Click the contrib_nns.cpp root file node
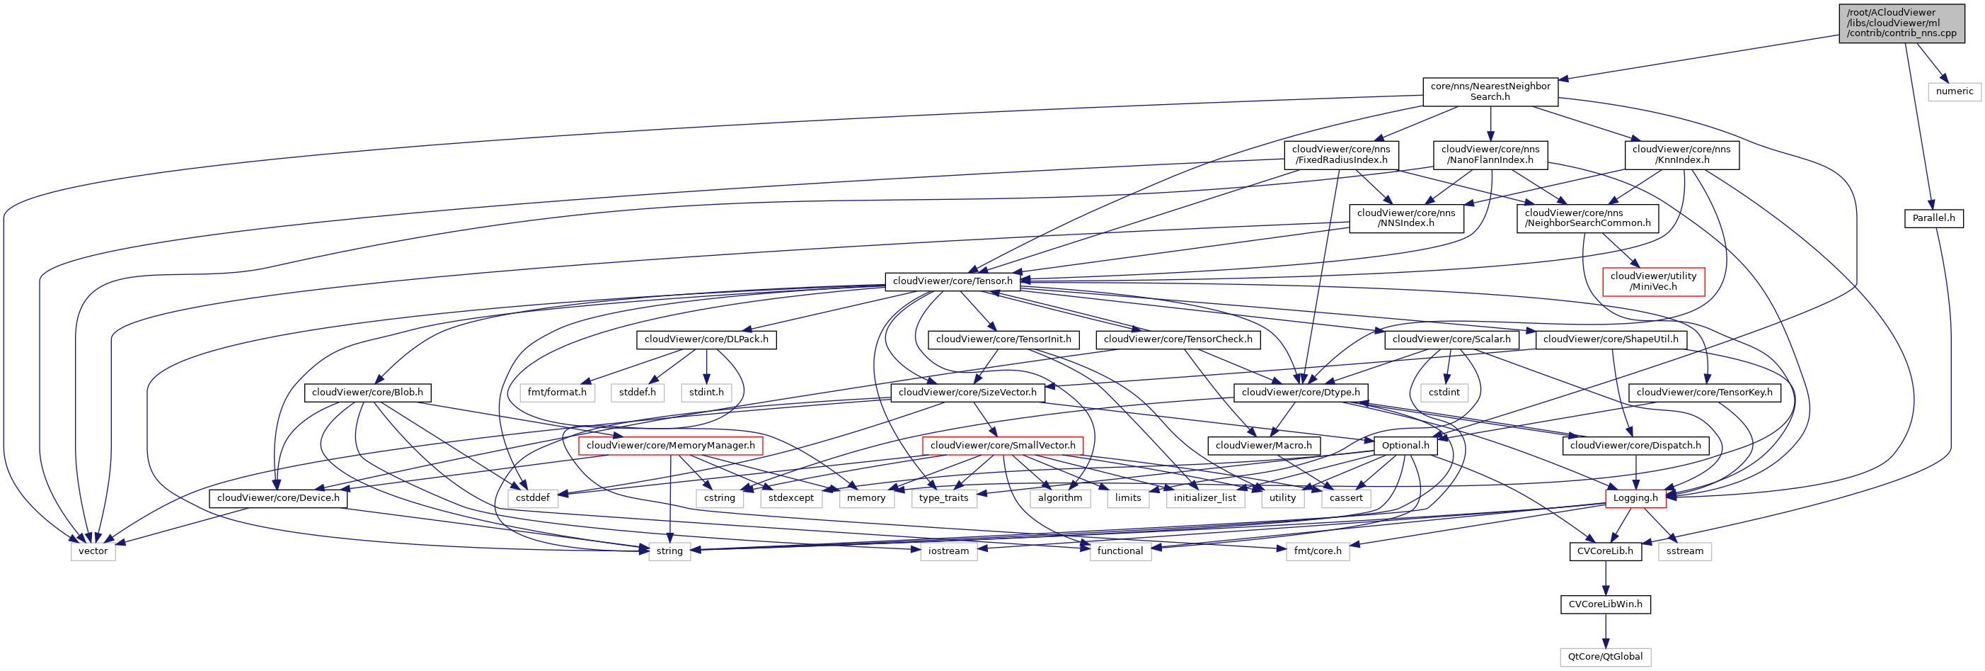point(1901,23)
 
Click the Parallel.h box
point(1933,218)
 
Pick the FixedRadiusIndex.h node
point(1341,155)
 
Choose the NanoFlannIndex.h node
point(1490,155)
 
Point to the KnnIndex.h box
point(1681,155)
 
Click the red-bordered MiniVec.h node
point(1653,281)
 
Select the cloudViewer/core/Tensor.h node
point(953,281)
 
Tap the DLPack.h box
point(706,339)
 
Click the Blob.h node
point(367,393)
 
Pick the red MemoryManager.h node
point(670,446)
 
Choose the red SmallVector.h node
point(1003,446)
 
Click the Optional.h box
point(1405,446)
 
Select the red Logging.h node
point(1635,498)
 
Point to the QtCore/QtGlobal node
point(1605,657)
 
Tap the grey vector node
point(93,551)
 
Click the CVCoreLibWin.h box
point(1605,604)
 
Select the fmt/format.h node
point(556,393)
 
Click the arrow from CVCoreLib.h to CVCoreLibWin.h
point(1606,577)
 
